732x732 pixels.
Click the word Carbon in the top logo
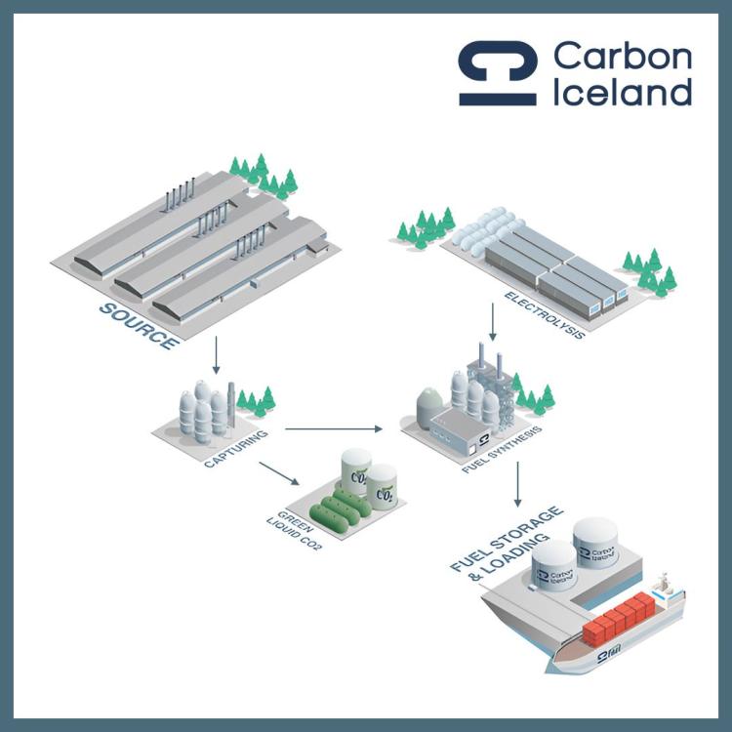tap(623, 59)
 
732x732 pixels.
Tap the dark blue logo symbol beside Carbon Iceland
tap(498, 73)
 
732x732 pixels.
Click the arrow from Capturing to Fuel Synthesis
tap(332, 427)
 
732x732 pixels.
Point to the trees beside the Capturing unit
tap(258, 400)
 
